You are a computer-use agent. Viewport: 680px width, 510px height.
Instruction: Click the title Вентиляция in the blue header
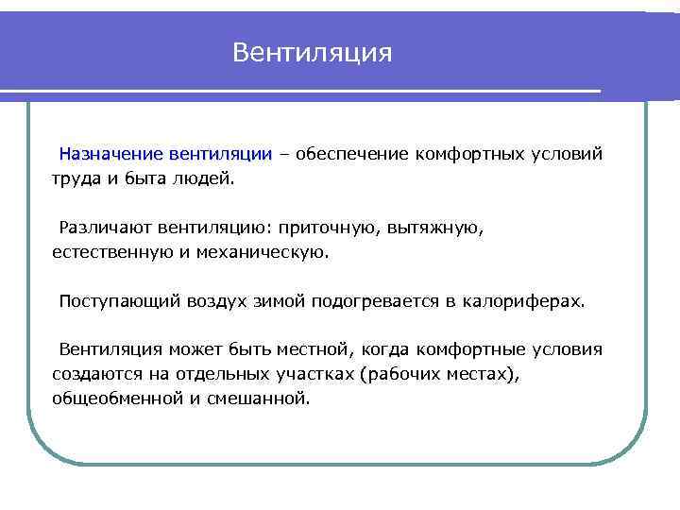pyautogui.click(x=312, y=52)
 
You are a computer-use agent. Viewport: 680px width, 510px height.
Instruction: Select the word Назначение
pyautogui.click(x=111, y=153)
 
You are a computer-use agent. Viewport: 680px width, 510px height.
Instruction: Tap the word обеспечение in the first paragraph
pyautogui.click(x=350, y=153)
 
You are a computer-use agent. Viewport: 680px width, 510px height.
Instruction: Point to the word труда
pyautogui.click(x=77, y=178)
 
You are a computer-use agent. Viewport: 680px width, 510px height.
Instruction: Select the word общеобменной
pyautogui.click(x=115, y=399)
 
